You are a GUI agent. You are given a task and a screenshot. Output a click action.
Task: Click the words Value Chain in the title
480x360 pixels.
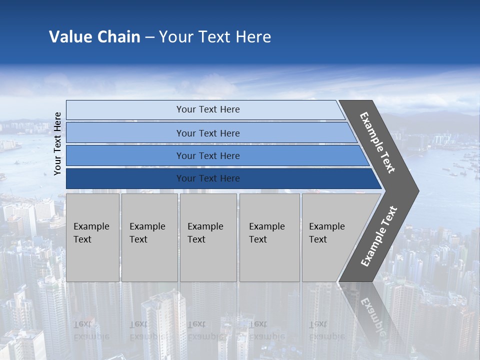click(x=94, y=37)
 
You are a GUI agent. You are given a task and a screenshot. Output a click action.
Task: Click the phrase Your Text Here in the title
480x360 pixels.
click(x=215, y=37)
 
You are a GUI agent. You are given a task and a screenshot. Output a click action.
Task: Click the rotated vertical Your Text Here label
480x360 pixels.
click(x=57, y=143)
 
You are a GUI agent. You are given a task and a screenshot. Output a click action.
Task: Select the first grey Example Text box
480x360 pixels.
click(x=92, y=237)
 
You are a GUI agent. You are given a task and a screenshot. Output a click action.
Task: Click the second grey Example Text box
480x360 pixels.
click(x=149, y=237)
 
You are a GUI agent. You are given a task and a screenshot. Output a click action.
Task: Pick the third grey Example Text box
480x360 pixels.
click(x=208, y=237)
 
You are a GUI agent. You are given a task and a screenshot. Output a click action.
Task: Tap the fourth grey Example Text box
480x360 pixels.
click(x=269, y=237)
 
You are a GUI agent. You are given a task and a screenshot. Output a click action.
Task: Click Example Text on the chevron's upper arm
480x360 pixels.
click(x=377, y=143)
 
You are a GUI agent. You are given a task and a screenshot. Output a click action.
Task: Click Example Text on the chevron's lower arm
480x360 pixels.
click(x=379, y=236)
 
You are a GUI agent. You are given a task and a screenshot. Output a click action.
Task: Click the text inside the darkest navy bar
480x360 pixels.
click(x=208, y=178)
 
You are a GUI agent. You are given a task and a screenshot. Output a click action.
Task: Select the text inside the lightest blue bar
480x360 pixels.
click(x=208, y=109)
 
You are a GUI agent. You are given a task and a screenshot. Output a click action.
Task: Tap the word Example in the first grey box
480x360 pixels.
click(x=91, y=226)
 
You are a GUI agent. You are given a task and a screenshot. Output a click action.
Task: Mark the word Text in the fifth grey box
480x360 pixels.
click(x=317, y=239)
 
